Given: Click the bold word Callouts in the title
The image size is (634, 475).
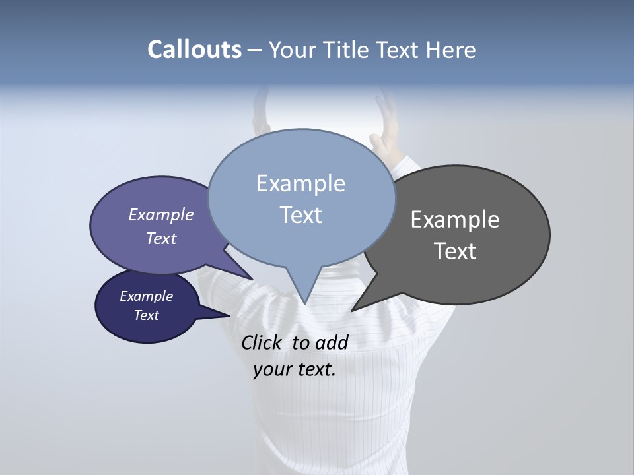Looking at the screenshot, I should [x=194, y=49].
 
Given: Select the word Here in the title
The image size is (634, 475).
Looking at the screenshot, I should [x=451, y=50].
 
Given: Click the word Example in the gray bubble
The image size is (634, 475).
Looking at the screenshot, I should [x=455, y=220].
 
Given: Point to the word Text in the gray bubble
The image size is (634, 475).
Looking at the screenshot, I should [x=455, y=251].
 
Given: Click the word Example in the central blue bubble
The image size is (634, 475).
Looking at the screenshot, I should [x=300, y=183].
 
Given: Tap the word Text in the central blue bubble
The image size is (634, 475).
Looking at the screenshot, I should [x=301, y=215].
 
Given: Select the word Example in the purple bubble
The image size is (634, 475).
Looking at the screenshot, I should [x=161, y=215].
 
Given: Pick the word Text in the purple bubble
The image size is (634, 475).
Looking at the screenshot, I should [x=161, y=239].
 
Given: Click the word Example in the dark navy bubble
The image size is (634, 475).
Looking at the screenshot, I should [x=147, y=296].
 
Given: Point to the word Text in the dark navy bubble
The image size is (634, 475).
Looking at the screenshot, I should [x=147, y=315].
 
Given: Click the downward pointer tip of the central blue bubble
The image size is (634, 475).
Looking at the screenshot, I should [x=304, y=302].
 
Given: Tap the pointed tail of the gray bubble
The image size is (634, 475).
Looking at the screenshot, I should [x=354, y=309].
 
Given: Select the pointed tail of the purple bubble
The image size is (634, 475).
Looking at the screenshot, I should [x=251, y=278].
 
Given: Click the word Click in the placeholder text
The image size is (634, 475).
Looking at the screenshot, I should [x=263, y=342].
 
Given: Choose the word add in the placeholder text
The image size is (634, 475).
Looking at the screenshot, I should [x=332, y=342].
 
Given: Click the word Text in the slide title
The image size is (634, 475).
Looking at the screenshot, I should [x=400, y=50].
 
